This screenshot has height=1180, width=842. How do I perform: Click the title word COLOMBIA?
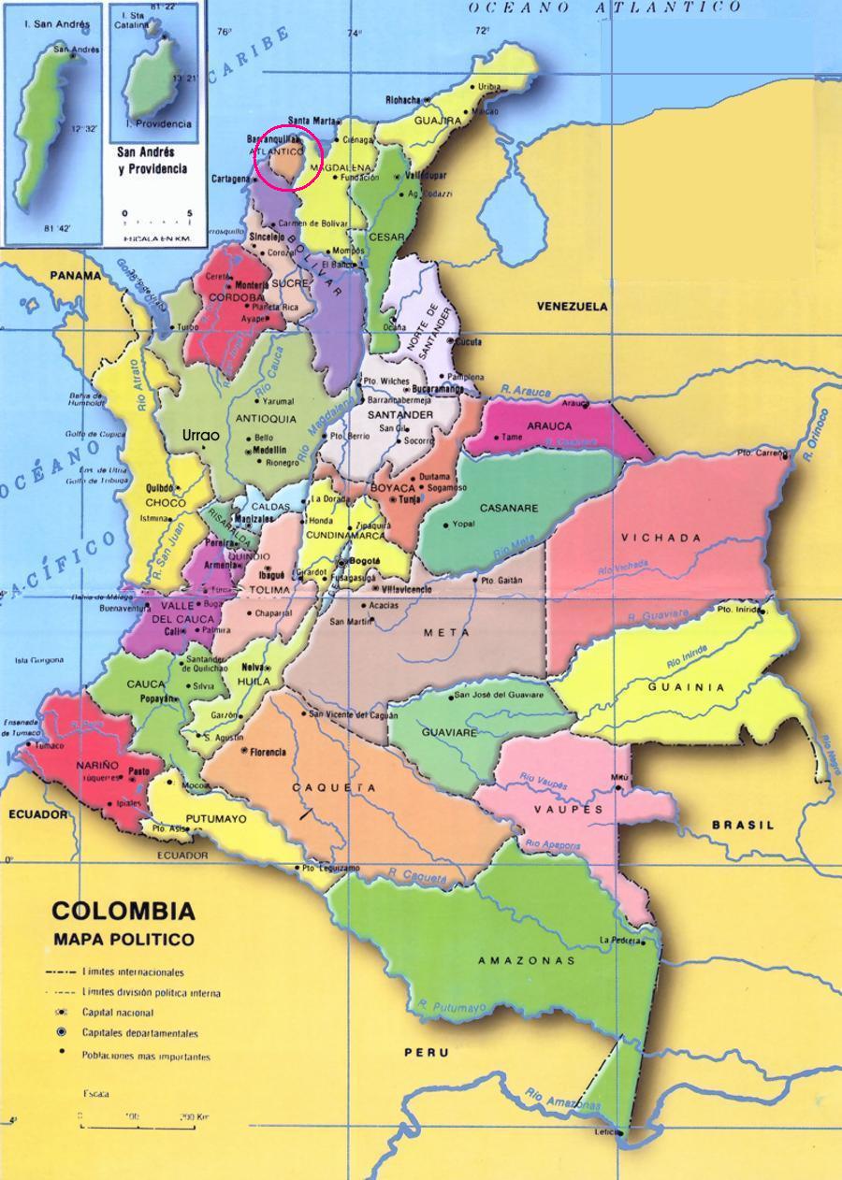pyautogui.click(x=123, y=912)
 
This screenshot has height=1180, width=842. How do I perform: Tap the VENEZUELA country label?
pyautogui.click(x=572, y=307)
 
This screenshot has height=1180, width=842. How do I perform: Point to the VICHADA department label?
pyautogui.click(x=661, y=538)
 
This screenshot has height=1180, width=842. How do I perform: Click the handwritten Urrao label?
pyautogui.click(x=200, y=436)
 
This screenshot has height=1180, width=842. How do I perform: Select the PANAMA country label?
pyautogui.click(x=76, y=276)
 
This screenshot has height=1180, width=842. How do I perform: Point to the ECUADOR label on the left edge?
pyautogui.click(x=38, y=814)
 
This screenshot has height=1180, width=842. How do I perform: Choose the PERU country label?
pyautogui.click(x=427, y=1053)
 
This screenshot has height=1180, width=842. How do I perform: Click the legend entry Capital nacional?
pyautogui.click(x=117, y=1013)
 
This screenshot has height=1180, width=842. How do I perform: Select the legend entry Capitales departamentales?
pyautogui.click(x=139, y=1034)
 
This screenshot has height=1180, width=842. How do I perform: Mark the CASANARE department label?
pyautogui.click(x=508, y=509)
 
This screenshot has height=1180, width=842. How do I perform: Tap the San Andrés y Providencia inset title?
pyautogui.click(x=152, y=159)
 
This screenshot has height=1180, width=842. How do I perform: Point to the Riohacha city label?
pyautogui.click(x=404, y=99)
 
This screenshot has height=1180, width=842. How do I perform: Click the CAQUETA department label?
pyautogui.click(x=335, y=788)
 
